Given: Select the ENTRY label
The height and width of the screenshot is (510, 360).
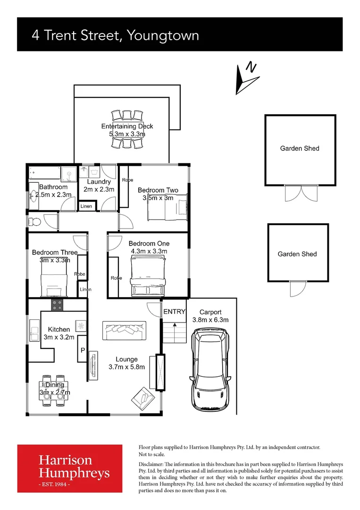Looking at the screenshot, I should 174,312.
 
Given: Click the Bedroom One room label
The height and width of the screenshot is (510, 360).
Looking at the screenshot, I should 149,244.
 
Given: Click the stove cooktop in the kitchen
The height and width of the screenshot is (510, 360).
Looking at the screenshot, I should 57,305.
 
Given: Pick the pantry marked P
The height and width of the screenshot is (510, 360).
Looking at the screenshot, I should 83,351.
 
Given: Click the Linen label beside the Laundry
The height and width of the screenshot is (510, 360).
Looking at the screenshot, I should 86,206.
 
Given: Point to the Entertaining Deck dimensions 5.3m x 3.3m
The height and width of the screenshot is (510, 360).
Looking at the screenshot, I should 127,134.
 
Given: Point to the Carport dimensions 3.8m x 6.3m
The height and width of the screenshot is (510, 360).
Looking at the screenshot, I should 210,320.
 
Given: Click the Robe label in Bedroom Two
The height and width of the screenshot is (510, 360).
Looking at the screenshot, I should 127,180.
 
